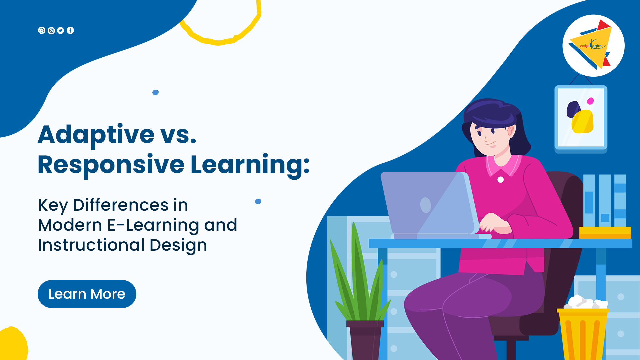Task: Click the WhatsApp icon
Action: coord(42,30)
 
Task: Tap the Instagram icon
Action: coord(51,31)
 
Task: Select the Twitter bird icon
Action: coord(61,31)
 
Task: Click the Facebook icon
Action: coord(70,30)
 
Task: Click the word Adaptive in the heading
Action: coord(96,135)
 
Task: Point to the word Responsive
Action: coord(111,165)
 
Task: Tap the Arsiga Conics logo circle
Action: coord(593,46)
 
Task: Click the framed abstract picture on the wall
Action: coord(581,118)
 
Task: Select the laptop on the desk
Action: coord(433,205)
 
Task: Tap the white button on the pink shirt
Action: coord(500,180)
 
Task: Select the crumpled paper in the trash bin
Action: coord(586,302)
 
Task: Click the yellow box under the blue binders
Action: coord(605,233)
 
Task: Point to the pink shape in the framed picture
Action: coord(590,101)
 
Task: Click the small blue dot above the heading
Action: coord(155,92)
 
